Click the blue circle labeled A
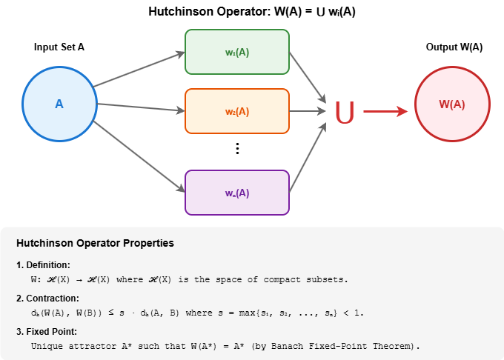[59, 104]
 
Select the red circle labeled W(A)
[451, 104]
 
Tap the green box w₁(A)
[236, 52]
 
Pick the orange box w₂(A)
[236, 112]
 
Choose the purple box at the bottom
[236, 193]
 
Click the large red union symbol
[345, 112]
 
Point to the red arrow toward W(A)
[385, 112]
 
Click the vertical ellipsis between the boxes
[237, 148]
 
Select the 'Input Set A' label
[59, 47]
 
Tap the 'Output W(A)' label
[454, 47]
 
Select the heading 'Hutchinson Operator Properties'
[95, 243]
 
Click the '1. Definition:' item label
[43, 264]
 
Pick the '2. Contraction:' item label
[46, 298]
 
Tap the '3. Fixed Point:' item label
[46, 331]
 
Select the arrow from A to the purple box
[139, 154]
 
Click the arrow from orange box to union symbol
[308, 112]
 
